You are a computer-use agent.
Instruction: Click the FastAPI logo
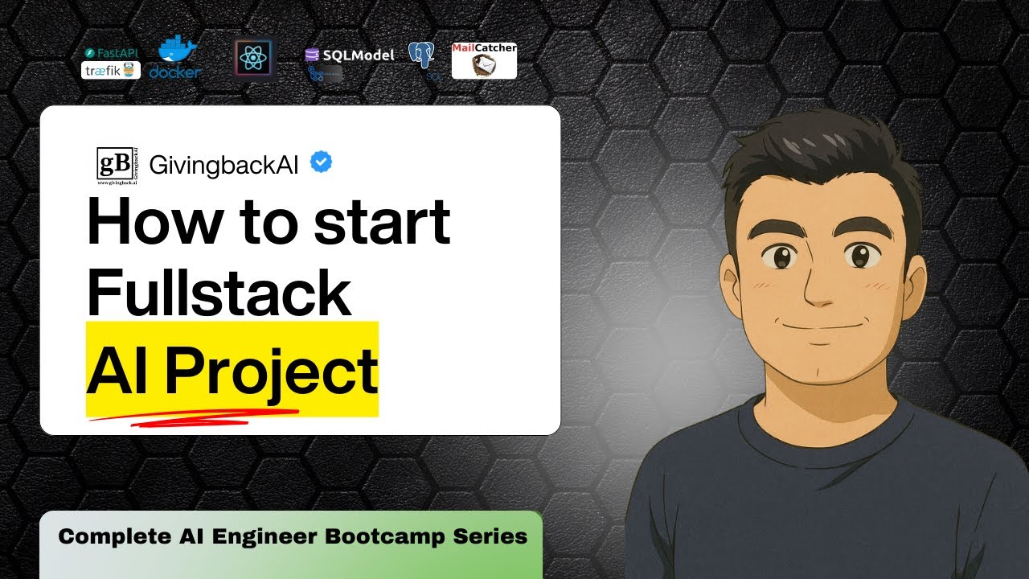point(111,53)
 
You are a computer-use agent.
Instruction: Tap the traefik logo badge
point(111,71)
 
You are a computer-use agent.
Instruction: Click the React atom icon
point(253,58)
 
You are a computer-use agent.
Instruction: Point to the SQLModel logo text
point(350,55)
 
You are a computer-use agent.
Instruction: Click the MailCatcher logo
point(484,61)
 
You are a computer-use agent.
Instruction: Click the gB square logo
point(114,165)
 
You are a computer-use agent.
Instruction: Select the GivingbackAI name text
point(223,165)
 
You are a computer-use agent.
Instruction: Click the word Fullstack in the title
point(219,294)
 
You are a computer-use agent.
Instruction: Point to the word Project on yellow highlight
point(271,371)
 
